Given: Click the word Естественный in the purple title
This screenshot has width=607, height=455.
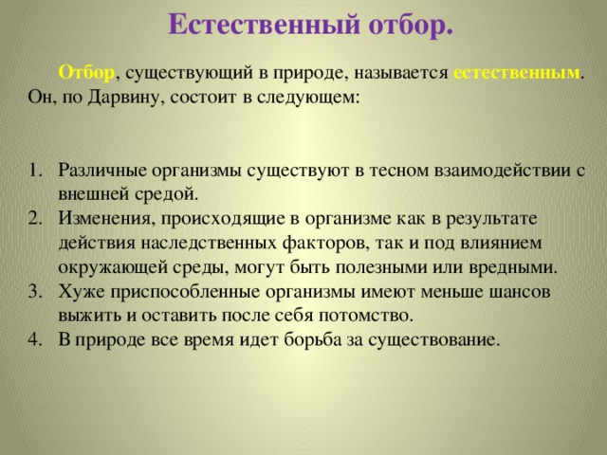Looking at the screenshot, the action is point(264,25).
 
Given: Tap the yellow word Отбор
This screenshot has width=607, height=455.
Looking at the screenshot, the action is point(86,72).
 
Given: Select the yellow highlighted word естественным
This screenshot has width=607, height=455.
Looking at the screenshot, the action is point(516,73).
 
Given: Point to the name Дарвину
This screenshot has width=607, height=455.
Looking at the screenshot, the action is point(123,98).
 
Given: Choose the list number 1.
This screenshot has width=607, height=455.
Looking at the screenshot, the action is point(34,171).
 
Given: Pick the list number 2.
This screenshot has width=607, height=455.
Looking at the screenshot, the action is point(34,219).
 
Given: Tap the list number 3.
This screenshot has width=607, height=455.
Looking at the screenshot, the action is point(34,291).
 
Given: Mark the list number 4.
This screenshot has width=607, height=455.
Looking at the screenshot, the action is point(34,339).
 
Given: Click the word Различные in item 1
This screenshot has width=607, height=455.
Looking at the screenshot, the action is point(102,171).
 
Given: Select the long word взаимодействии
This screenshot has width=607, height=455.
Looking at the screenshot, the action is point(502,171).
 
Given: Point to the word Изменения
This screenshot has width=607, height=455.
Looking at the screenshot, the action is point(104,219).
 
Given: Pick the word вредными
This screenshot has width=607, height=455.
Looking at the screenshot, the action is point(513,267).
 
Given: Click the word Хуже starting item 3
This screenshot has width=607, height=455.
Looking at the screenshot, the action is point(82,292).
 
